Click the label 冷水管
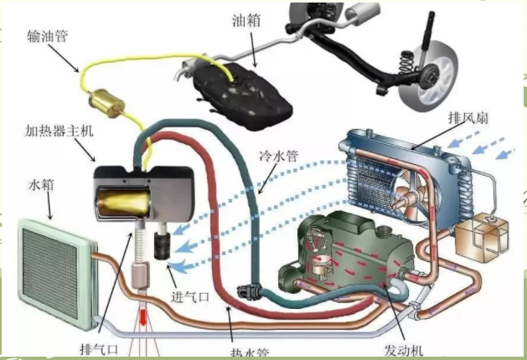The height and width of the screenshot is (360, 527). coord(276,157)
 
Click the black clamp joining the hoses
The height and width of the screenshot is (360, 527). coord(248,292)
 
